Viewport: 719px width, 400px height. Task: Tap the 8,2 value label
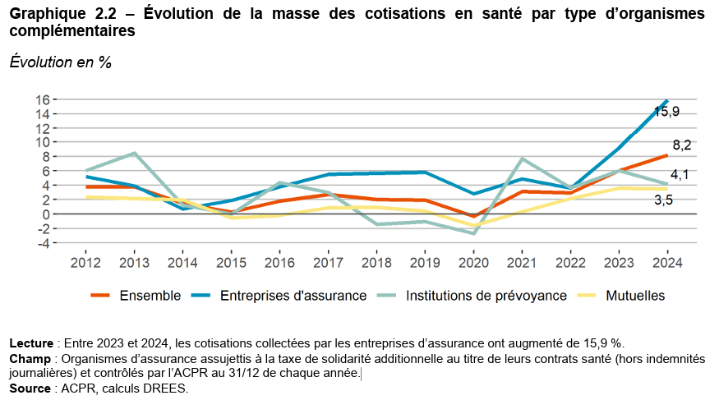pyautogui.click(x=680, y=145)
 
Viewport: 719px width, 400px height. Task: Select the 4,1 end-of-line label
pyautogui.click(x=680, y=175)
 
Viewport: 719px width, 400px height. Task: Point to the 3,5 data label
pyautogui.click(x=664, y=200)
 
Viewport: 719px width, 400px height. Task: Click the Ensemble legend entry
pyautogui.click(x=150, y=296)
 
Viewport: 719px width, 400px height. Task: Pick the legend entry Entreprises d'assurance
pyautogui.click(x=293, y=296)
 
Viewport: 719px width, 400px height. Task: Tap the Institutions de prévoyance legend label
pyautogui.click(x=486, y=296)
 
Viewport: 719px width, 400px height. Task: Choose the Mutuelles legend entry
pyautogui.click(x=635, y=296)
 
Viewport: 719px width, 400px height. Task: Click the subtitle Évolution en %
pyautogui.click(x=60, y=62)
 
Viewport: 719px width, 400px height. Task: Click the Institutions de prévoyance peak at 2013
pyautogui.click(x=134, y=153)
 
